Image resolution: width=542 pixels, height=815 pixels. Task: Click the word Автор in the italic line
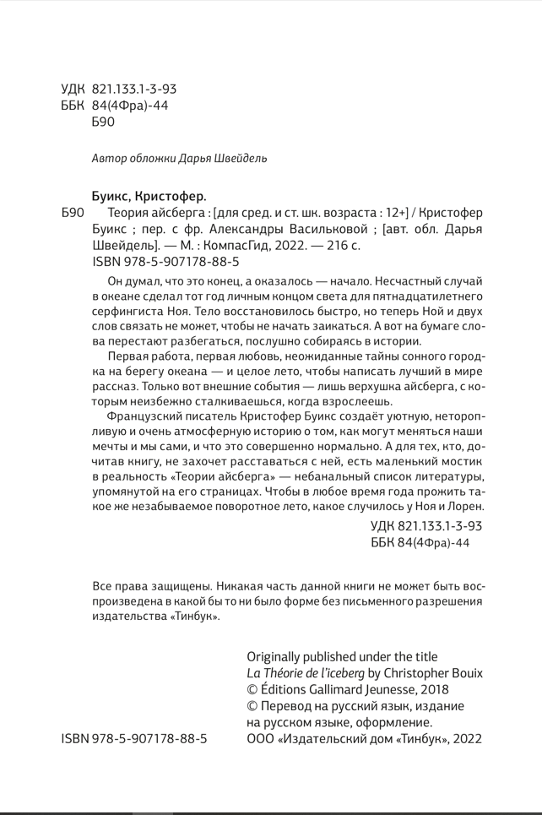click(107, 158)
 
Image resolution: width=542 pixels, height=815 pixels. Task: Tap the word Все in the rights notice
click(101, 585)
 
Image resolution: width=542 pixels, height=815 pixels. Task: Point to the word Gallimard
click(351, 689)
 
